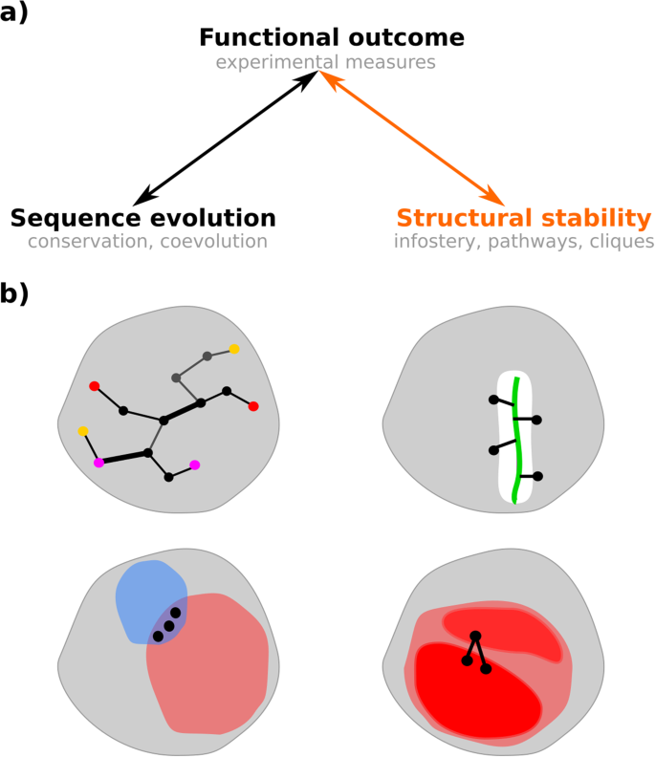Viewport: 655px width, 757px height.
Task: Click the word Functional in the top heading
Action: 269,37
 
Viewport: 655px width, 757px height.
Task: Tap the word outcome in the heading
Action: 406,37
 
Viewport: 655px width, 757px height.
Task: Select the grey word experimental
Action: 276,62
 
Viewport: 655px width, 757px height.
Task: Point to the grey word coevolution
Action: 213,241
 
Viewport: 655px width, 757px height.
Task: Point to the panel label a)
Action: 14,12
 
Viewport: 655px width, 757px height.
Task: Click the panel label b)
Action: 14,292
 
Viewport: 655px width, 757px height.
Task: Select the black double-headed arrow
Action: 226,138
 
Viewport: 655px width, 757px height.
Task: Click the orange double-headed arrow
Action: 412,138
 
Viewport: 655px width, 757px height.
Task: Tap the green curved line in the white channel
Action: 517,441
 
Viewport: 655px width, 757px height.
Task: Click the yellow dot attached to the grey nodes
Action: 234,349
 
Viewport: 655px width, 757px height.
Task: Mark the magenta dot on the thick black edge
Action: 99,463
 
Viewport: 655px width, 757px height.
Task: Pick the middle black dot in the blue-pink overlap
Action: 169,626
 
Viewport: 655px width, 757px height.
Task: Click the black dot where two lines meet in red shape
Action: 475,637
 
